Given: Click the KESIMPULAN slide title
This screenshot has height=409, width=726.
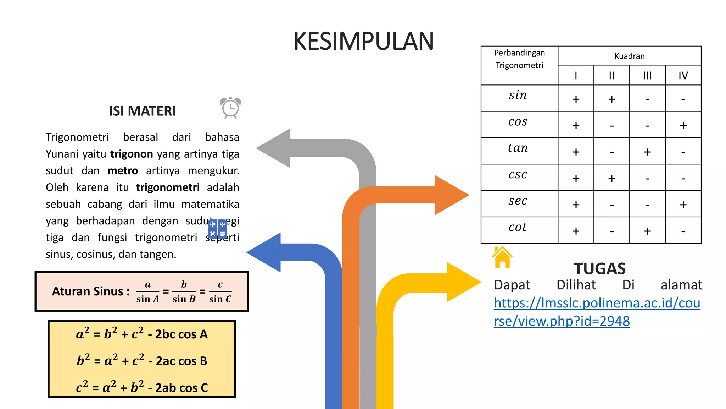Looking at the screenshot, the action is tap(364, 41).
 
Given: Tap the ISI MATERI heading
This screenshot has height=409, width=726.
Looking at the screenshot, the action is tap(143, 111).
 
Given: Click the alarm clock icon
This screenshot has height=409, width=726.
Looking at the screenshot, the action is tap(230, 108).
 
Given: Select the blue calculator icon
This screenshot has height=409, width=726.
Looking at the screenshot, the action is tap(217, 229).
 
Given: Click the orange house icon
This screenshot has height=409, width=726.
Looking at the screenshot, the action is tap(502, 257).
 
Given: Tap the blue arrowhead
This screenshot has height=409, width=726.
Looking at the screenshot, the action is tap(264, 252).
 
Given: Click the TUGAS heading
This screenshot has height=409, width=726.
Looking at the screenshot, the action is tap(600, 269).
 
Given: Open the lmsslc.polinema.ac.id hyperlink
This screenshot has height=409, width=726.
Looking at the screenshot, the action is tap(597, 312).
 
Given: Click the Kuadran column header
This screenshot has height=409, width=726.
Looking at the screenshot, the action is tap(630, 56).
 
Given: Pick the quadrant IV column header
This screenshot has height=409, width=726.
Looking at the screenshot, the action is tap(683, 76).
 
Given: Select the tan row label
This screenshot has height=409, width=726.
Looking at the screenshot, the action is tap(518, 148).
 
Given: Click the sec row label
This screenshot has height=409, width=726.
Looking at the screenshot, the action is tap(518, 201).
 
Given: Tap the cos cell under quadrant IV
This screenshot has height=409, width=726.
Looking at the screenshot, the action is tap(683, 125).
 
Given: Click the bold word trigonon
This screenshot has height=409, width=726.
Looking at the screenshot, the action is tap(132, 154).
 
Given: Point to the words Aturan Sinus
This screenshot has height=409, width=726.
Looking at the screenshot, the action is tap(88, 291).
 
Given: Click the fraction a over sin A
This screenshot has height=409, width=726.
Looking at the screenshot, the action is tap(147, 292).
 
